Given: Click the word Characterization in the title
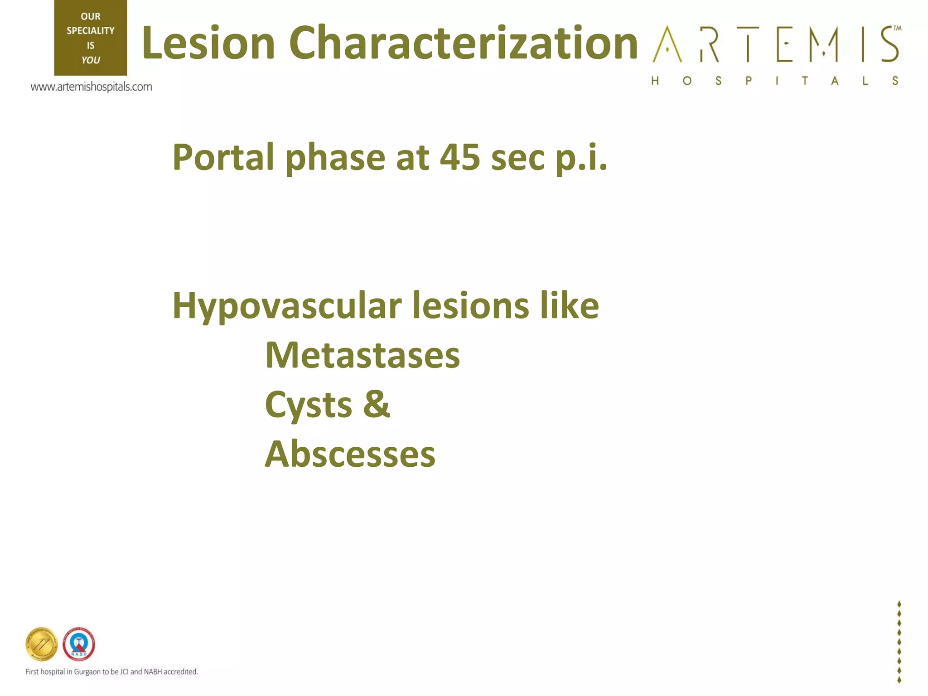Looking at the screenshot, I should [x=463, y=43].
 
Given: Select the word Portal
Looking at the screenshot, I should [x=223, y=158].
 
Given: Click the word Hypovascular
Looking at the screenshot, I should [x=287, y=306].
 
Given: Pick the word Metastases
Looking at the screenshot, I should [x=362, y=356].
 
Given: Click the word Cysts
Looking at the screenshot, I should [x=309, y=405].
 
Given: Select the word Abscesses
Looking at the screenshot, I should [x=350, y=454].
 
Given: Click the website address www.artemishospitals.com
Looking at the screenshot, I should [x=91, y=87].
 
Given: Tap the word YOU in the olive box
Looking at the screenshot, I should [x=91, y=60].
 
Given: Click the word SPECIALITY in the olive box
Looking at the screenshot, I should [x=91, y=31].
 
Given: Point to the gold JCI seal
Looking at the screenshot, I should [x=42, y=644].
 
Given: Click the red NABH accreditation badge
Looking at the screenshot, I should [x=79, y=644].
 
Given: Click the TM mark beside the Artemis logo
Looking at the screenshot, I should [x=897, y=28].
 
